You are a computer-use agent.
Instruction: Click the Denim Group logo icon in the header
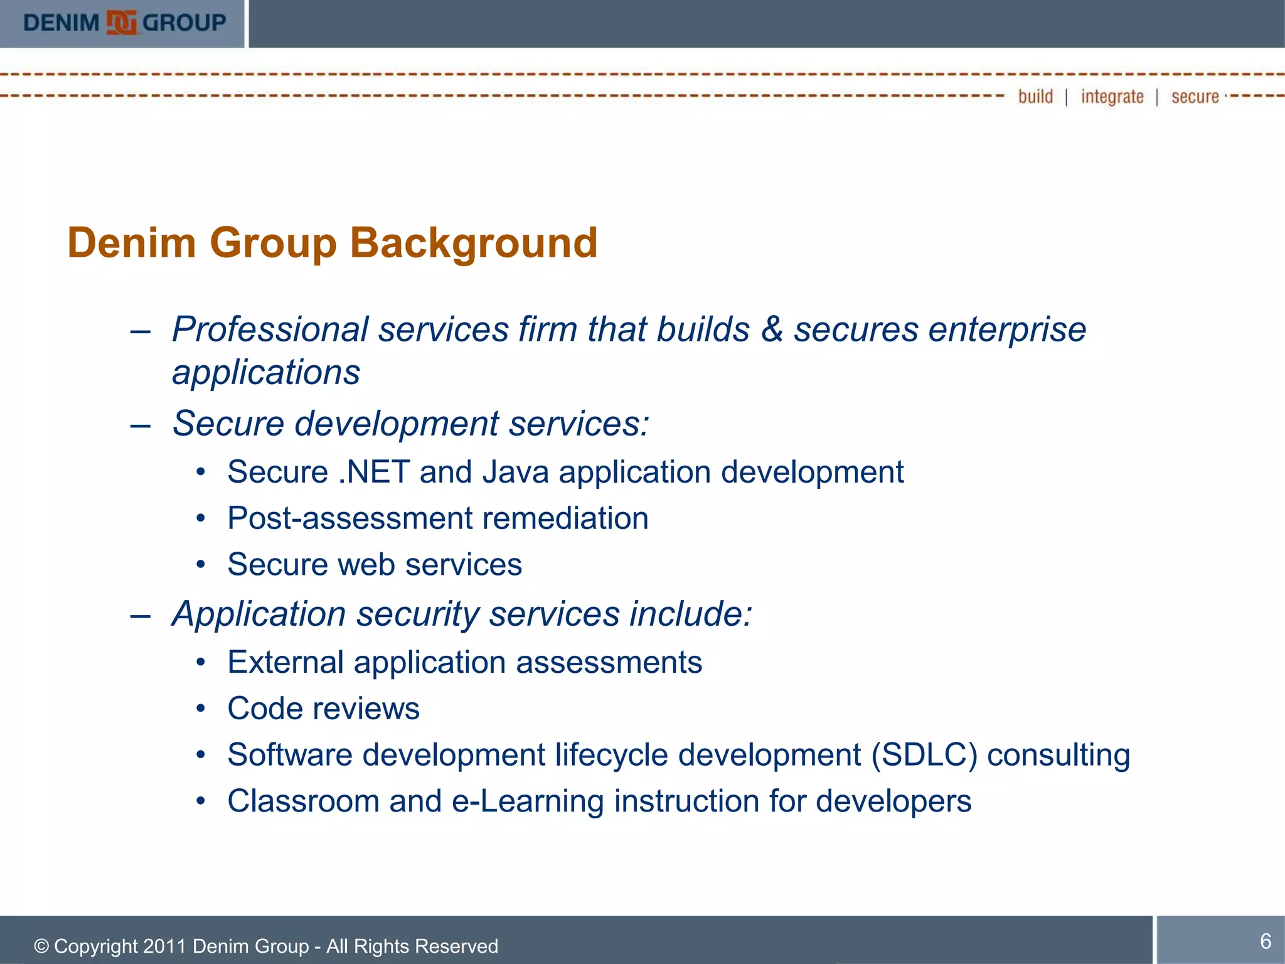121,23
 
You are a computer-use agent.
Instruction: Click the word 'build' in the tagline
1035,97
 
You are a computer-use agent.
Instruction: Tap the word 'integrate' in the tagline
1112,97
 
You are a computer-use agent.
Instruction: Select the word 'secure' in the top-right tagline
1195,97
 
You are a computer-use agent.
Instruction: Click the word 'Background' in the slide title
473,243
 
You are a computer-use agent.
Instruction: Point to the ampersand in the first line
772,329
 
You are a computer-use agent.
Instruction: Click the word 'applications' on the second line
266,373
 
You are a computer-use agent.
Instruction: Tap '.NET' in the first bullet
374,472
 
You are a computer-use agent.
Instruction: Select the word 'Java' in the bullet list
515,472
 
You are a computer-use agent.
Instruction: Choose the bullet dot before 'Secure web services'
200,565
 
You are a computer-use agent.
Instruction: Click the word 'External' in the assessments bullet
285,663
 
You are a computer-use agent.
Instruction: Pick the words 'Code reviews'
323,709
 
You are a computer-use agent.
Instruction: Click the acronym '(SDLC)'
924,755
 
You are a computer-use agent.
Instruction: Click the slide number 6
1266,941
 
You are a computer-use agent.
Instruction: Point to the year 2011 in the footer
165,946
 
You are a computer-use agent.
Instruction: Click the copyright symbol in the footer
41,946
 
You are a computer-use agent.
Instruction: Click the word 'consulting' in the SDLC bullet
1058,755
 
